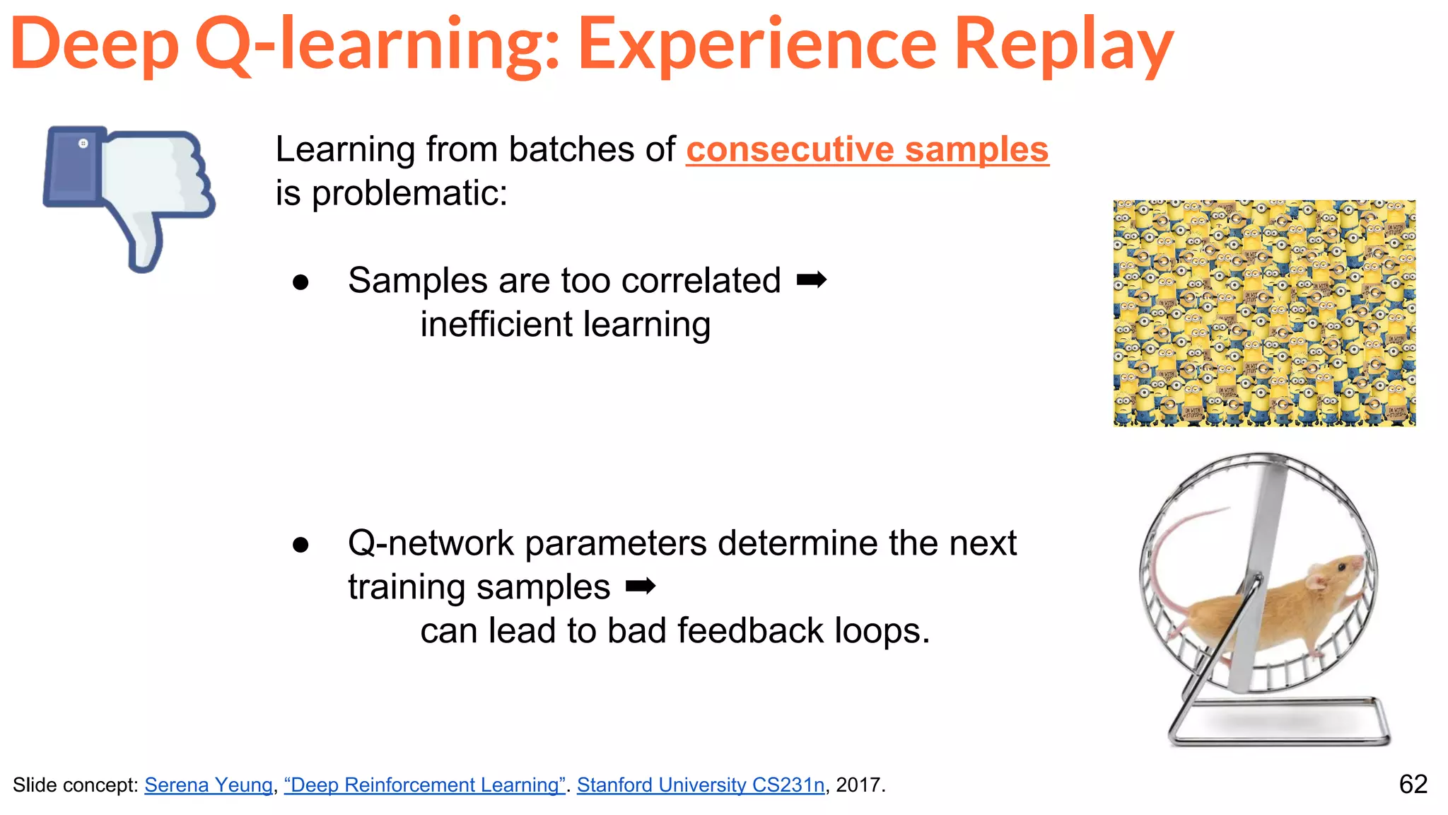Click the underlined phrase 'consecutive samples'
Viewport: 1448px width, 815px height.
point(867,150)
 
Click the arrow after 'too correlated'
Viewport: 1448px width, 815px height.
point(811,281)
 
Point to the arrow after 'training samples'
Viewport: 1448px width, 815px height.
point(641,586)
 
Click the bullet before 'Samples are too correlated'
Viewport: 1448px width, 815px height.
point(301,282)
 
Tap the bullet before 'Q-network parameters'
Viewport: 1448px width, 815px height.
point(301,545)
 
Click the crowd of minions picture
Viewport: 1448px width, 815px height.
point(1264,313)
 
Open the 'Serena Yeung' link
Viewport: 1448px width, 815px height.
point(209,785)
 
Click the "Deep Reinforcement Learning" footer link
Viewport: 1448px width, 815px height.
point(424,785)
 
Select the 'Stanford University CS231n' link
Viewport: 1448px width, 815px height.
point(700,785)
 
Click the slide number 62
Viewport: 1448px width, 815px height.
point(1413,784)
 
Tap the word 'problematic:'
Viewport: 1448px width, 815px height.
point(409,194)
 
